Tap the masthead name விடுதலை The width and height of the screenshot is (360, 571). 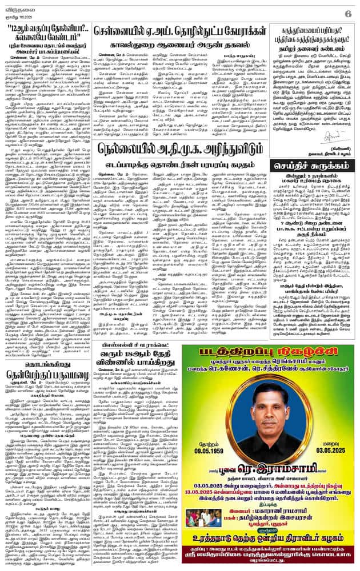tap(17, 7)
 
